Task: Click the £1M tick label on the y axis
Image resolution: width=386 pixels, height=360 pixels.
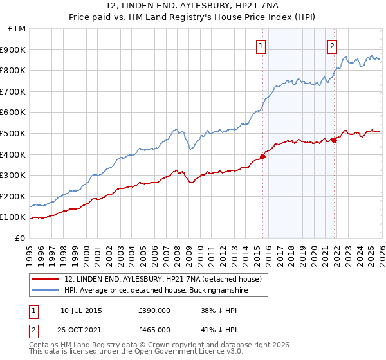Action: pyautogui.click(x=18, y=28)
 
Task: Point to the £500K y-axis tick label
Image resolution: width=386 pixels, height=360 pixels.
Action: pyautogui.click(x=14, y=133)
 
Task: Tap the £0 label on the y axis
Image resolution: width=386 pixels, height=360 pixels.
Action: pyautogui.click(x=21, y=238)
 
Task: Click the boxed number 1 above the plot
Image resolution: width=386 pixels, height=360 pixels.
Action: pyautogui.click(x=261, y=45)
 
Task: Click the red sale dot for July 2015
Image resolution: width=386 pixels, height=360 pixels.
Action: pyautogui.click(x=262, y=156)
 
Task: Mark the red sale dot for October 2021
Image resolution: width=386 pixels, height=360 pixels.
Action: pyautogui.click(x=334, y=140)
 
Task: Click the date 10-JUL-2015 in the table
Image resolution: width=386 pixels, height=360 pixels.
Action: pyautogui.click(x=81, y=310)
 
